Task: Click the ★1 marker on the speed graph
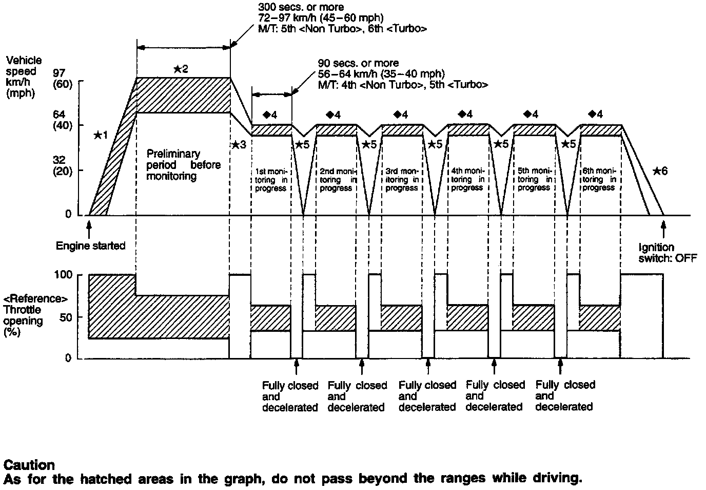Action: [101, 135]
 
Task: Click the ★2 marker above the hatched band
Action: [181, 69]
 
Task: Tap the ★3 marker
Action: [239, 145]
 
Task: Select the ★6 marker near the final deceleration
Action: [660, 171]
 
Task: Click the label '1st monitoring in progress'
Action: [270, 180]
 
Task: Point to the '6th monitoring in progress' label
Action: [599, 180]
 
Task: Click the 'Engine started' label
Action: [90, 246]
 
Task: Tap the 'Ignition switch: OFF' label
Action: [668, 253]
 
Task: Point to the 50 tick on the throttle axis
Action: [66, 317]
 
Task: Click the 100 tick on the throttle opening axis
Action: [63, 275]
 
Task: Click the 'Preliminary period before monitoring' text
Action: [183, 165]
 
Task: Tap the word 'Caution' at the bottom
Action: [29, 465]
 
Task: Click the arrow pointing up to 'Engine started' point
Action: [89, 227]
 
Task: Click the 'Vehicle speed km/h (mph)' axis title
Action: [24, 77]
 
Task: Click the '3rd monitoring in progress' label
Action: [402, 180]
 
